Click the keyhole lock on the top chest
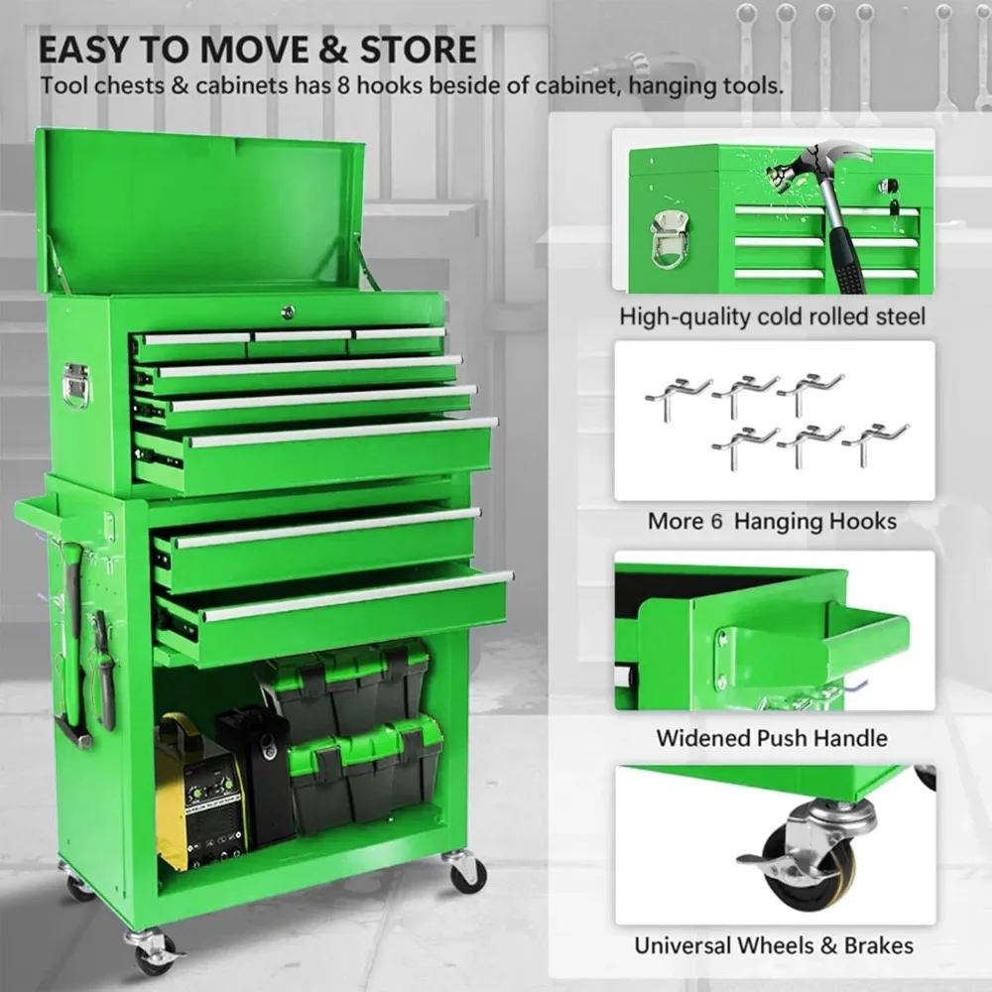288,311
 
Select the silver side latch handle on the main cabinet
75,385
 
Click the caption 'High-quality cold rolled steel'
772,316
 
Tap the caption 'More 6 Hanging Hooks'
772,521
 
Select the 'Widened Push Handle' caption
772,738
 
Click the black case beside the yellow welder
259,774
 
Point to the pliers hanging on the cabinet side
103,655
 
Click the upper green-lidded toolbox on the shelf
347,684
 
